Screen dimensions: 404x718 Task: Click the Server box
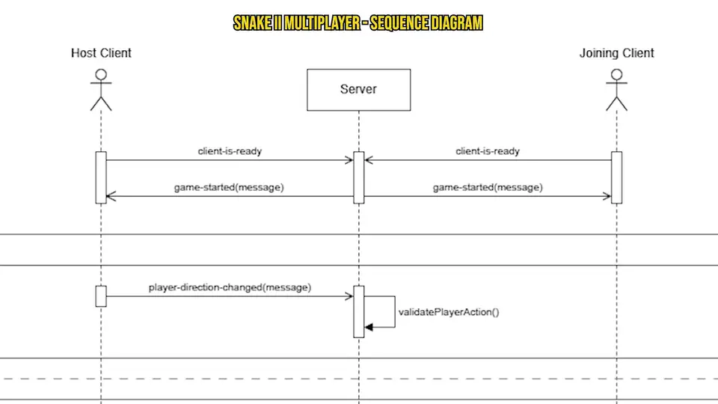(x=358, y=90)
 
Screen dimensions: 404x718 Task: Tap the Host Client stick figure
(x=101, y=90)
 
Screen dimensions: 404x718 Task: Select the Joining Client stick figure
(x=616, y=90)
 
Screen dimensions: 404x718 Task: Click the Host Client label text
(x=101, y=53)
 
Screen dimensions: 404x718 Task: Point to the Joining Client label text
(x=616, y=53)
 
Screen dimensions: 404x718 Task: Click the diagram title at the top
(x=358, y=23)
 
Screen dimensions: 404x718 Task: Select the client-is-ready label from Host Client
(x=230, y=151)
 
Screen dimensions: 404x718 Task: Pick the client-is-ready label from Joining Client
(x=488, y=151)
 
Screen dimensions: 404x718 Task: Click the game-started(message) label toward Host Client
(x=230, y=187)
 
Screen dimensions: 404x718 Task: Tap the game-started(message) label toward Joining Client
(x=488, y=187)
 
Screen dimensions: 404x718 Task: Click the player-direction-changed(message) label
(x=230, y=287)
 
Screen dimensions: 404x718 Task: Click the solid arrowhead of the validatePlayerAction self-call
(x=369, y=326)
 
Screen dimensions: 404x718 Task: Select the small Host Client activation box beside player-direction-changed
(x=101, y=296)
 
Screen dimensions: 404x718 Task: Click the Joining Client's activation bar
(x=616, y=177)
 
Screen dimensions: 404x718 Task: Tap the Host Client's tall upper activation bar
(x=101, y=177)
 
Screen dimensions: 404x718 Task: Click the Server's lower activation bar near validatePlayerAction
(x=358, y=311)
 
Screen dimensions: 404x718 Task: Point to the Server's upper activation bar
(x=358, y=177)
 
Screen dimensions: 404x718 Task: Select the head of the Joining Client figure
(x=616, y=75)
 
